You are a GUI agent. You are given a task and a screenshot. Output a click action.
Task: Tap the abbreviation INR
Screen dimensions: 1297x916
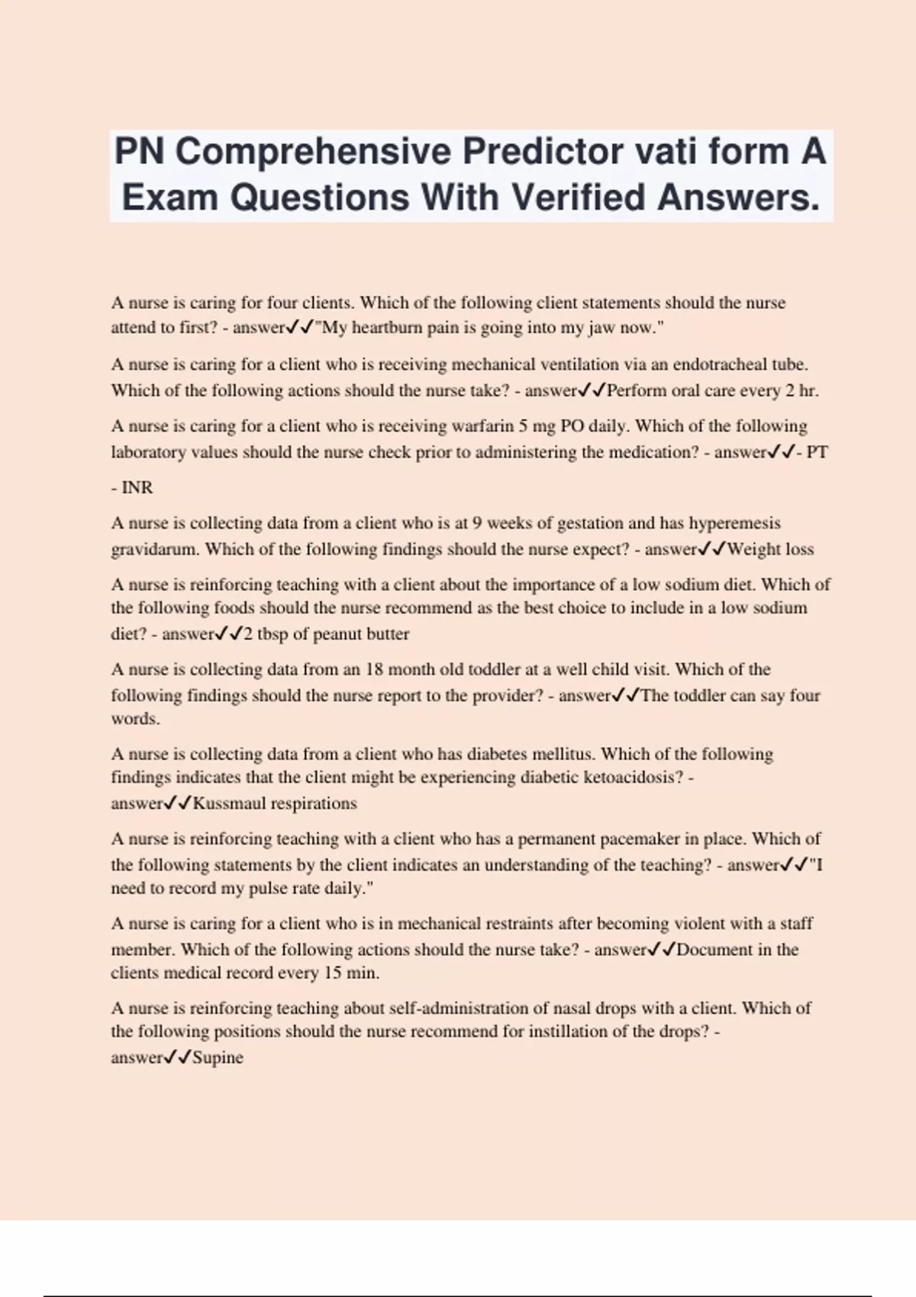tap(137, 488)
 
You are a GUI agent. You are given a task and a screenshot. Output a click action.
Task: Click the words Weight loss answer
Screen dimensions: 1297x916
tap(770, 549)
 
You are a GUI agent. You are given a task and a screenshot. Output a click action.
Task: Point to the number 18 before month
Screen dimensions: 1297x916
tap(374, 670)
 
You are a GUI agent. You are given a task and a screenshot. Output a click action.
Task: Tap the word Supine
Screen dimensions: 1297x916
tap(218, 1058)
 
